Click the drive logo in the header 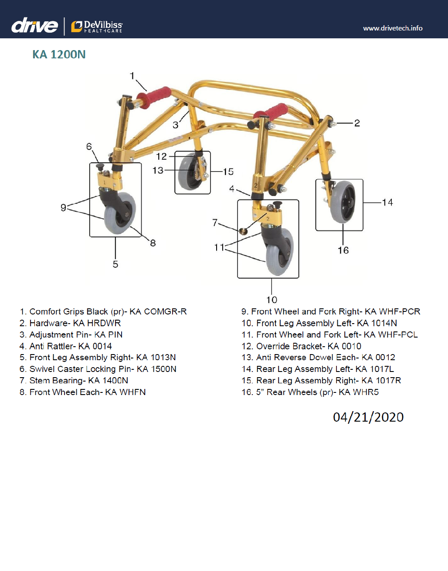point(34,26)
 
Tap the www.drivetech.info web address point(393,28)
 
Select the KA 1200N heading point(59,54)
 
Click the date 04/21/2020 point(368,417)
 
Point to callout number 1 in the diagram point(132,76)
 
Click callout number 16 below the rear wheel point(343,250)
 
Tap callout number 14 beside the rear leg point(387,203)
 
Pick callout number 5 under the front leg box point(115,264)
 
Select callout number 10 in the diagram point(272,300)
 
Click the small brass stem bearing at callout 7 point(244,231)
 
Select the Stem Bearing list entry point(74,381)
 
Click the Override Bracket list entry point(302,346)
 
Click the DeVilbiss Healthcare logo point(97,27)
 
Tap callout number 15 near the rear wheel point(228,172)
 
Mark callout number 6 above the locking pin point(89,147)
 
